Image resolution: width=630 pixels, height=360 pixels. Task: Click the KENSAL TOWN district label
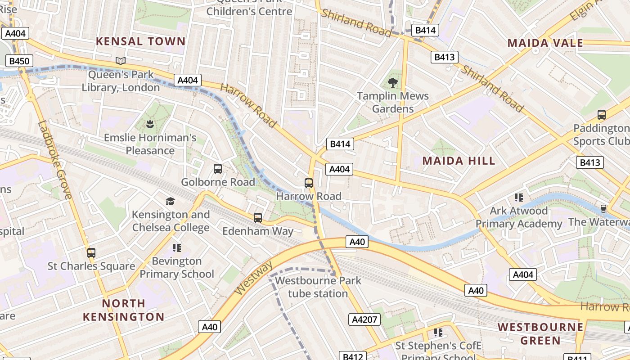pos(140,41)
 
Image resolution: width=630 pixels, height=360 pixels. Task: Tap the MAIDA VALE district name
pos(545,43)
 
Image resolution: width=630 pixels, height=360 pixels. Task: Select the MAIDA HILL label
pos(459,161)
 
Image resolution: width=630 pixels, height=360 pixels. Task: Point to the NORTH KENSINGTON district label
pos(124,310)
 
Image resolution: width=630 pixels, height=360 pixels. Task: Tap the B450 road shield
pos(19,61)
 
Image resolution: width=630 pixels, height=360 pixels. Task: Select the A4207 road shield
pos(364,319)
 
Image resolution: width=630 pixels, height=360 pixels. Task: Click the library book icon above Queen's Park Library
pos(121,61)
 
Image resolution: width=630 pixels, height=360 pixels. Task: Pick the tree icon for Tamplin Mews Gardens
pos(393,82)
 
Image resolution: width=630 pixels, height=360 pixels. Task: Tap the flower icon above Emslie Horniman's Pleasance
pos(150,124)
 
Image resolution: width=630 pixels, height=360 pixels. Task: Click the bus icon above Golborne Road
pos(218,169)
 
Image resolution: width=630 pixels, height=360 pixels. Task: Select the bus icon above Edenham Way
pos(258,218)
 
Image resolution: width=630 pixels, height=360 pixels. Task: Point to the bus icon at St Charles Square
pos(91,252)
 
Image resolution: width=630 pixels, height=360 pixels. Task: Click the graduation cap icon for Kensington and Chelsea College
pos(170,201)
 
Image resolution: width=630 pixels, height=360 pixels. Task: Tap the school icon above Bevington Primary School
pos(176,247)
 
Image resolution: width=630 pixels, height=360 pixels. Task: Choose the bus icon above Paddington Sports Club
pos(602,115)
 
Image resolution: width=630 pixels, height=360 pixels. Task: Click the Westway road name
pos(253,279)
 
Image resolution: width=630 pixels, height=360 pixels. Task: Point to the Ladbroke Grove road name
pos(55,160)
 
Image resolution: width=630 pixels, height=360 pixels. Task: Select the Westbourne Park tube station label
pos(318,287)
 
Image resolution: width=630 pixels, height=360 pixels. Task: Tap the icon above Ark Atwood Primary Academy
pos(518,197)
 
